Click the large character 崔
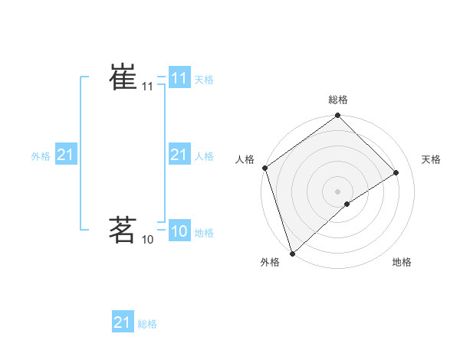click(123, 77)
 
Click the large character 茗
click(123, 229)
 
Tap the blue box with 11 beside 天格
click(179, 78)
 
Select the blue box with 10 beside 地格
click(179, 232)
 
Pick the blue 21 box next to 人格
click(179, 155)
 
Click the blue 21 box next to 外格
click(66, 155)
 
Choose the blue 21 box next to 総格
click(123, 322)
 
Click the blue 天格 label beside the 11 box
click(204, 80)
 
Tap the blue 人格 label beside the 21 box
click(204, 156)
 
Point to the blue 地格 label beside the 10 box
click(204, 233)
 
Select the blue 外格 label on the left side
click(41, 156)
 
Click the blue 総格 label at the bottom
click(147, 324)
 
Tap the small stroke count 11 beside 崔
click(147, 87)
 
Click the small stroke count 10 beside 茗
click(147, 240)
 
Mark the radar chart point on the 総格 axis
click(337, 116)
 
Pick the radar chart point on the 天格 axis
click(396, 172)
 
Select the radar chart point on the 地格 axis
click(347, 204)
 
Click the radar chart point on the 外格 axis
click(292, 252)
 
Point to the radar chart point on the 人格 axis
click(264, 168)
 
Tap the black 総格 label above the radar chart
click(338, 100)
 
